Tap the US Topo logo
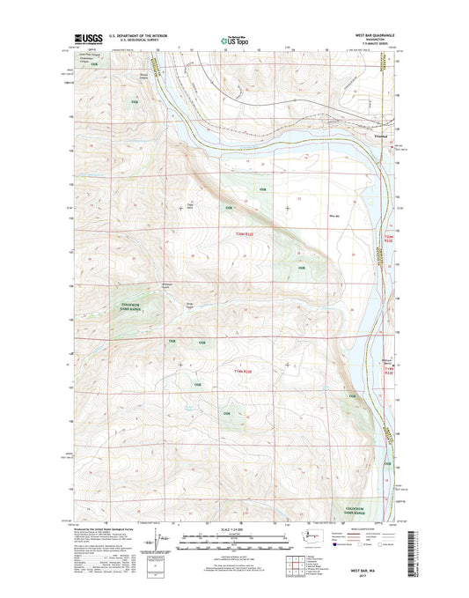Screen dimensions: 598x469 [234, 40]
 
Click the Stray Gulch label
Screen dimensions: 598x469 [188, 306]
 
